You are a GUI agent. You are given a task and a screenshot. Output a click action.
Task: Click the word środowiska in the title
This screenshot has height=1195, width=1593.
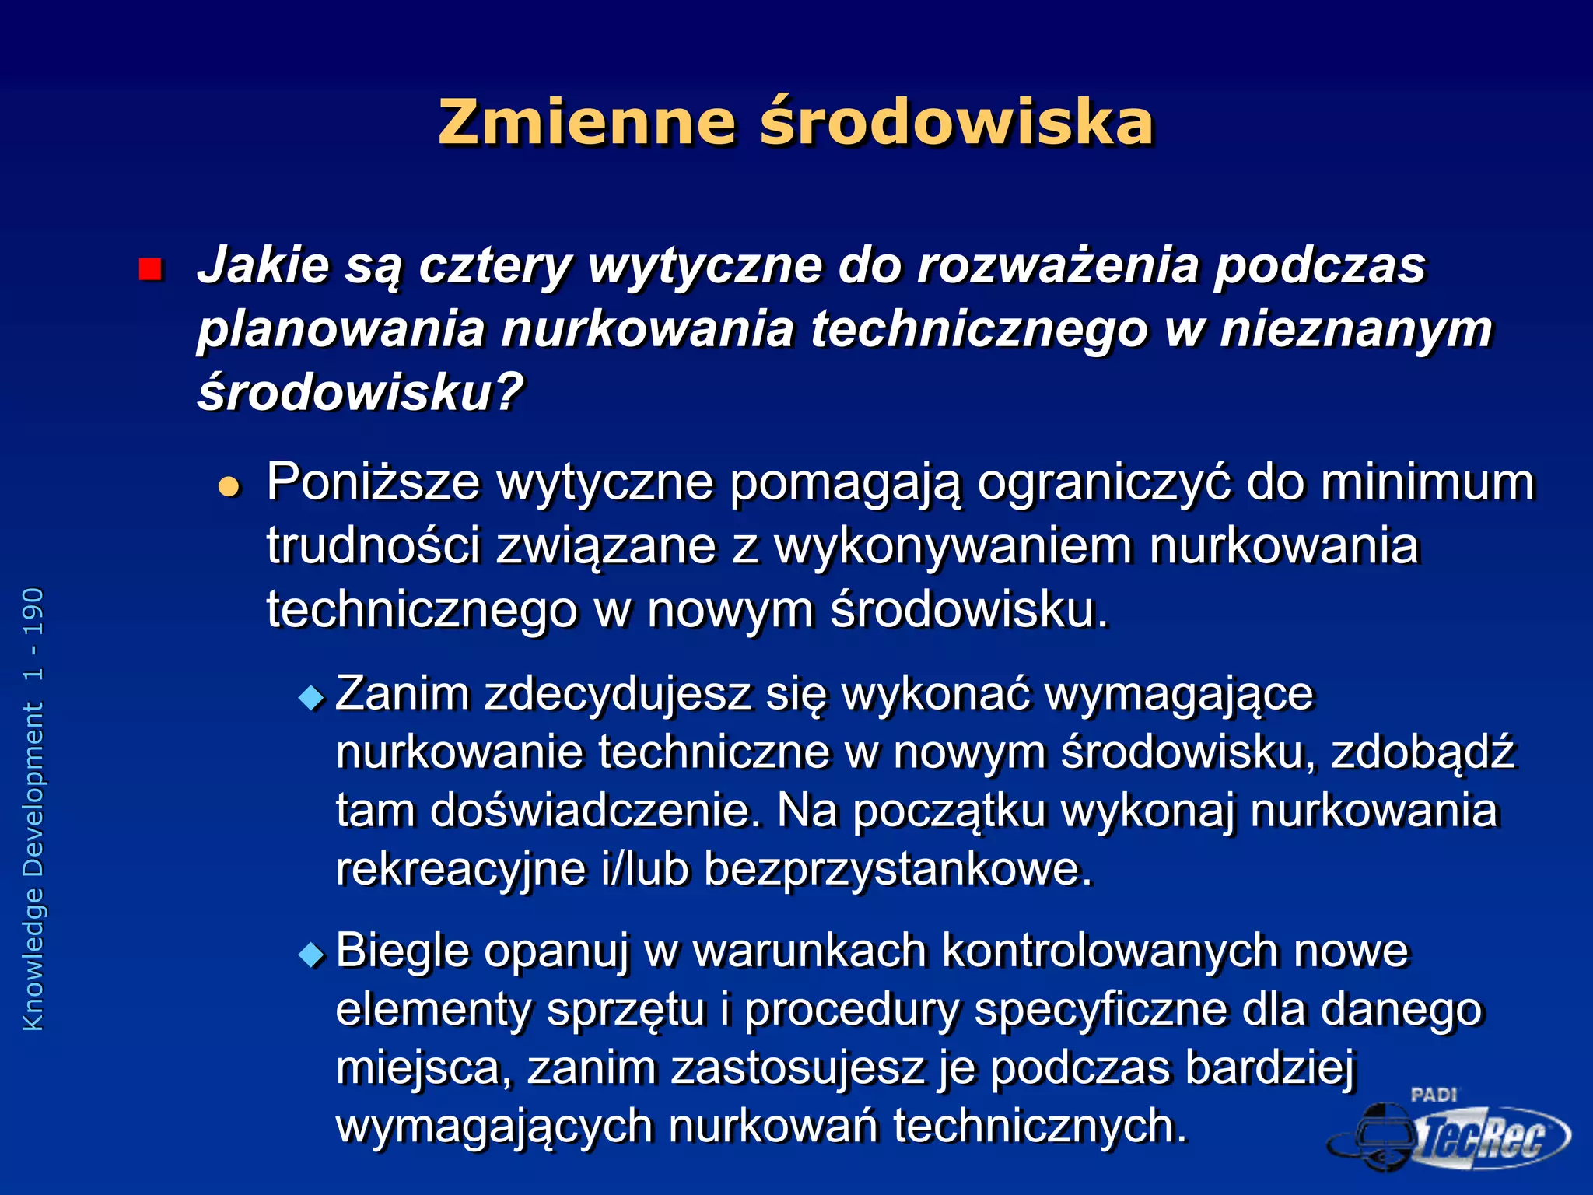pyautogui.click(x=957, y=123)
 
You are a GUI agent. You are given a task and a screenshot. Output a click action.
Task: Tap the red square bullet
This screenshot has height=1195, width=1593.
pyautogui.click(x=149, y=269)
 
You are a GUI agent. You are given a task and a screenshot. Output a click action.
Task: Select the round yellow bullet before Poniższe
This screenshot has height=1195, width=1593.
pyautogui.click(x=229, y=487)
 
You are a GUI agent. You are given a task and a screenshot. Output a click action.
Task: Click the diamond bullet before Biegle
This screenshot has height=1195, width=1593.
pyautogui.click(x=312, y=954)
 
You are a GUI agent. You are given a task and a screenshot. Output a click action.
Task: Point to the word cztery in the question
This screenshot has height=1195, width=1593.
pyautogui.click(x=495, y=266)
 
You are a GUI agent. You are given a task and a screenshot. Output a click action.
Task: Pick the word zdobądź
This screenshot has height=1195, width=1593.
pyautogui.click(x=1423, y=752)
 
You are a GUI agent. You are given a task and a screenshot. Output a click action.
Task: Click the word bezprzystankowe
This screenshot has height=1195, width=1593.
pyautogui.click(x=898, y=868)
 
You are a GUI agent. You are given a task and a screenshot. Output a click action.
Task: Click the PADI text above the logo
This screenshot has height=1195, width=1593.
pyautogui.click(x=1434, y=1095)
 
